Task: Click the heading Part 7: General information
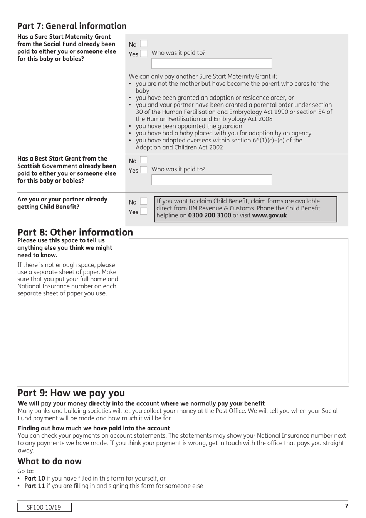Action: [72, 26]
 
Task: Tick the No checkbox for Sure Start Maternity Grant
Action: [143, 44]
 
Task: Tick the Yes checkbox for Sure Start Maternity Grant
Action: [143, 54]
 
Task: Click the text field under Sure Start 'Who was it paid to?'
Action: [212, 64]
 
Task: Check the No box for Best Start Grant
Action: [143, 160]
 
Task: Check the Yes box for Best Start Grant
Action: [143, 170]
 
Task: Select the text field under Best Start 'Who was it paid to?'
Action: [212, 180]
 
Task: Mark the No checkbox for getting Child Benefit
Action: [143, 201]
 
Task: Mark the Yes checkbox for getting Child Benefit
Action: [143, 211]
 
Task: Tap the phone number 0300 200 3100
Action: [210, 215]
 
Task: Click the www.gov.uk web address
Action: [269, 215]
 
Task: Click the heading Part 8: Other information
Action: [75, 232]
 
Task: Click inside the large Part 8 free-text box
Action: [238, 310]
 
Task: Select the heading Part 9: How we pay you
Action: [71, 393]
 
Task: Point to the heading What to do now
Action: [49, 461]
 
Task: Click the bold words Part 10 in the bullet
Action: [35, 478]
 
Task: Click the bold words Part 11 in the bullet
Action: [35, 486]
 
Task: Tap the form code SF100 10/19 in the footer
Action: [44, 507]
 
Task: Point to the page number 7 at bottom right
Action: [346, 506]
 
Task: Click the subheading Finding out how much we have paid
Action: [94, 428]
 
